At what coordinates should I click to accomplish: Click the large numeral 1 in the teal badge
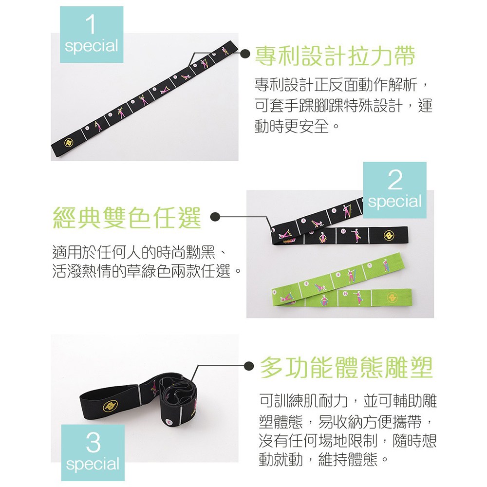(x=91, y=24)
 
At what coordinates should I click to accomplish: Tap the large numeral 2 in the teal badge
(x=395, y=180)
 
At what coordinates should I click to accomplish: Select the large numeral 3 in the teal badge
(x=93, y=442)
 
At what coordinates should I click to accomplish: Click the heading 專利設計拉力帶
(x=335, y=56)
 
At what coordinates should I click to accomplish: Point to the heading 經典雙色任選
(x=127, y=218)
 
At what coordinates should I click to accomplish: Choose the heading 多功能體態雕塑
(x=346, y=367)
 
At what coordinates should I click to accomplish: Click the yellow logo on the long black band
(x=69, y=143)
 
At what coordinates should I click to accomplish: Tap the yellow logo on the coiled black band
(x=110, y=406)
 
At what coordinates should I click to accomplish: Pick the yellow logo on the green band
(x=392, y=298)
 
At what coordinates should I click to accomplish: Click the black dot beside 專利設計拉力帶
(x=246, y=53)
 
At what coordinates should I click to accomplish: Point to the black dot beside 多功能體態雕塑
(x=249, y=366)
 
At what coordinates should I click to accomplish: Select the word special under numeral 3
(x=93, y=465)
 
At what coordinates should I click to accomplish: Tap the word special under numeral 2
(x=395, y=202)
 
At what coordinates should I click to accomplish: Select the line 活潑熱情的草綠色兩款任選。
(x=147, y=271)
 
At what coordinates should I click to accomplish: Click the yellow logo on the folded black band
(x=389, y=235)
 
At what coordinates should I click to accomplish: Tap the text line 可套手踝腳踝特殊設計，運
(x=343, y=105)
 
